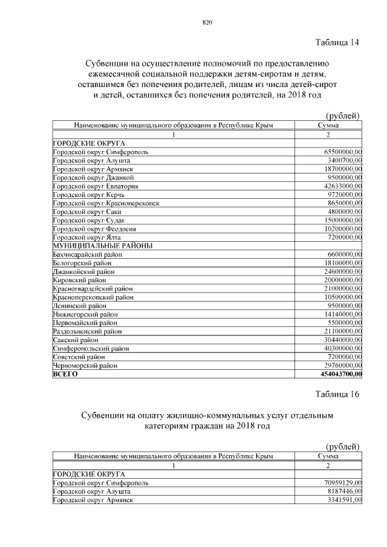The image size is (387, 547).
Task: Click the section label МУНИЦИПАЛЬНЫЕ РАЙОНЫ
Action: (x=102, y=245)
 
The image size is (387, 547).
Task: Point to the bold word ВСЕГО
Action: (x=65, y=375)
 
